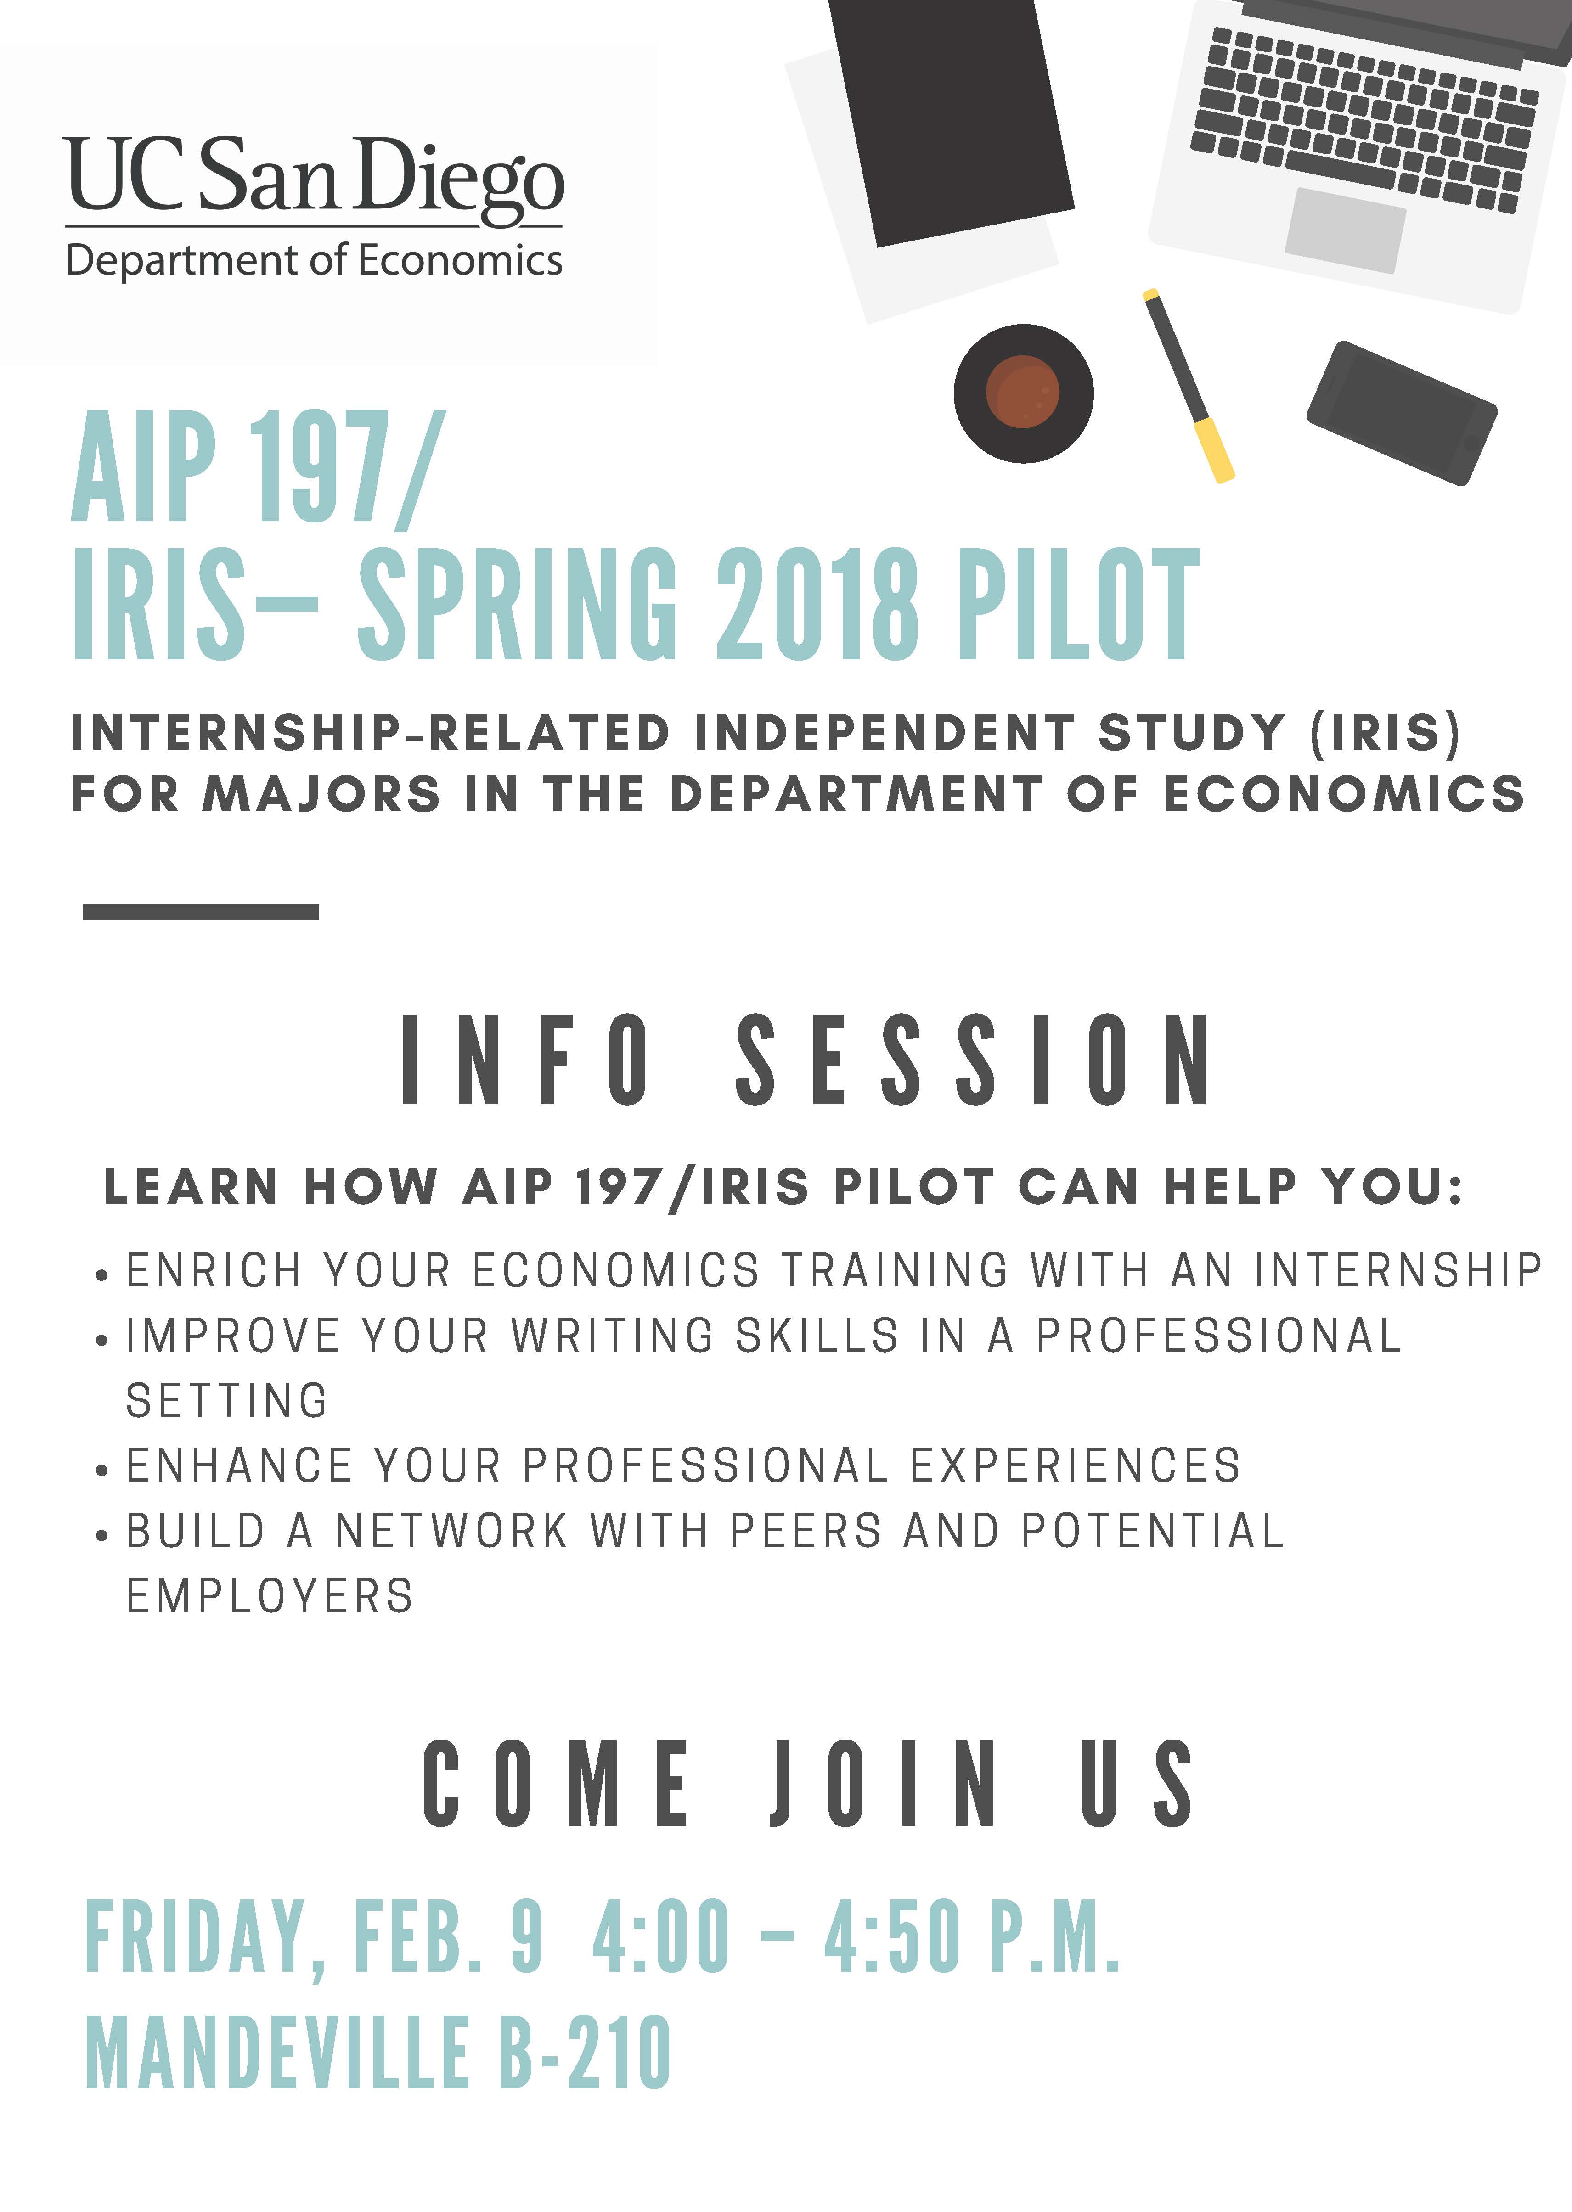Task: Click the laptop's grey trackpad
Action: point(1346,230)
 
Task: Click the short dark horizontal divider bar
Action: point(201,911)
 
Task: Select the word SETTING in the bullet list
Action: point(227,1400)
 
